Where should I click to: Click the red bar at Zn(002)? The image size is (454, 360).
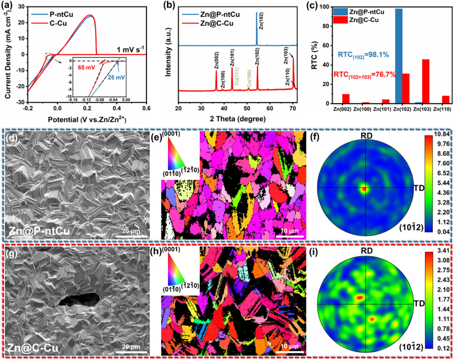[346, 98]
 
